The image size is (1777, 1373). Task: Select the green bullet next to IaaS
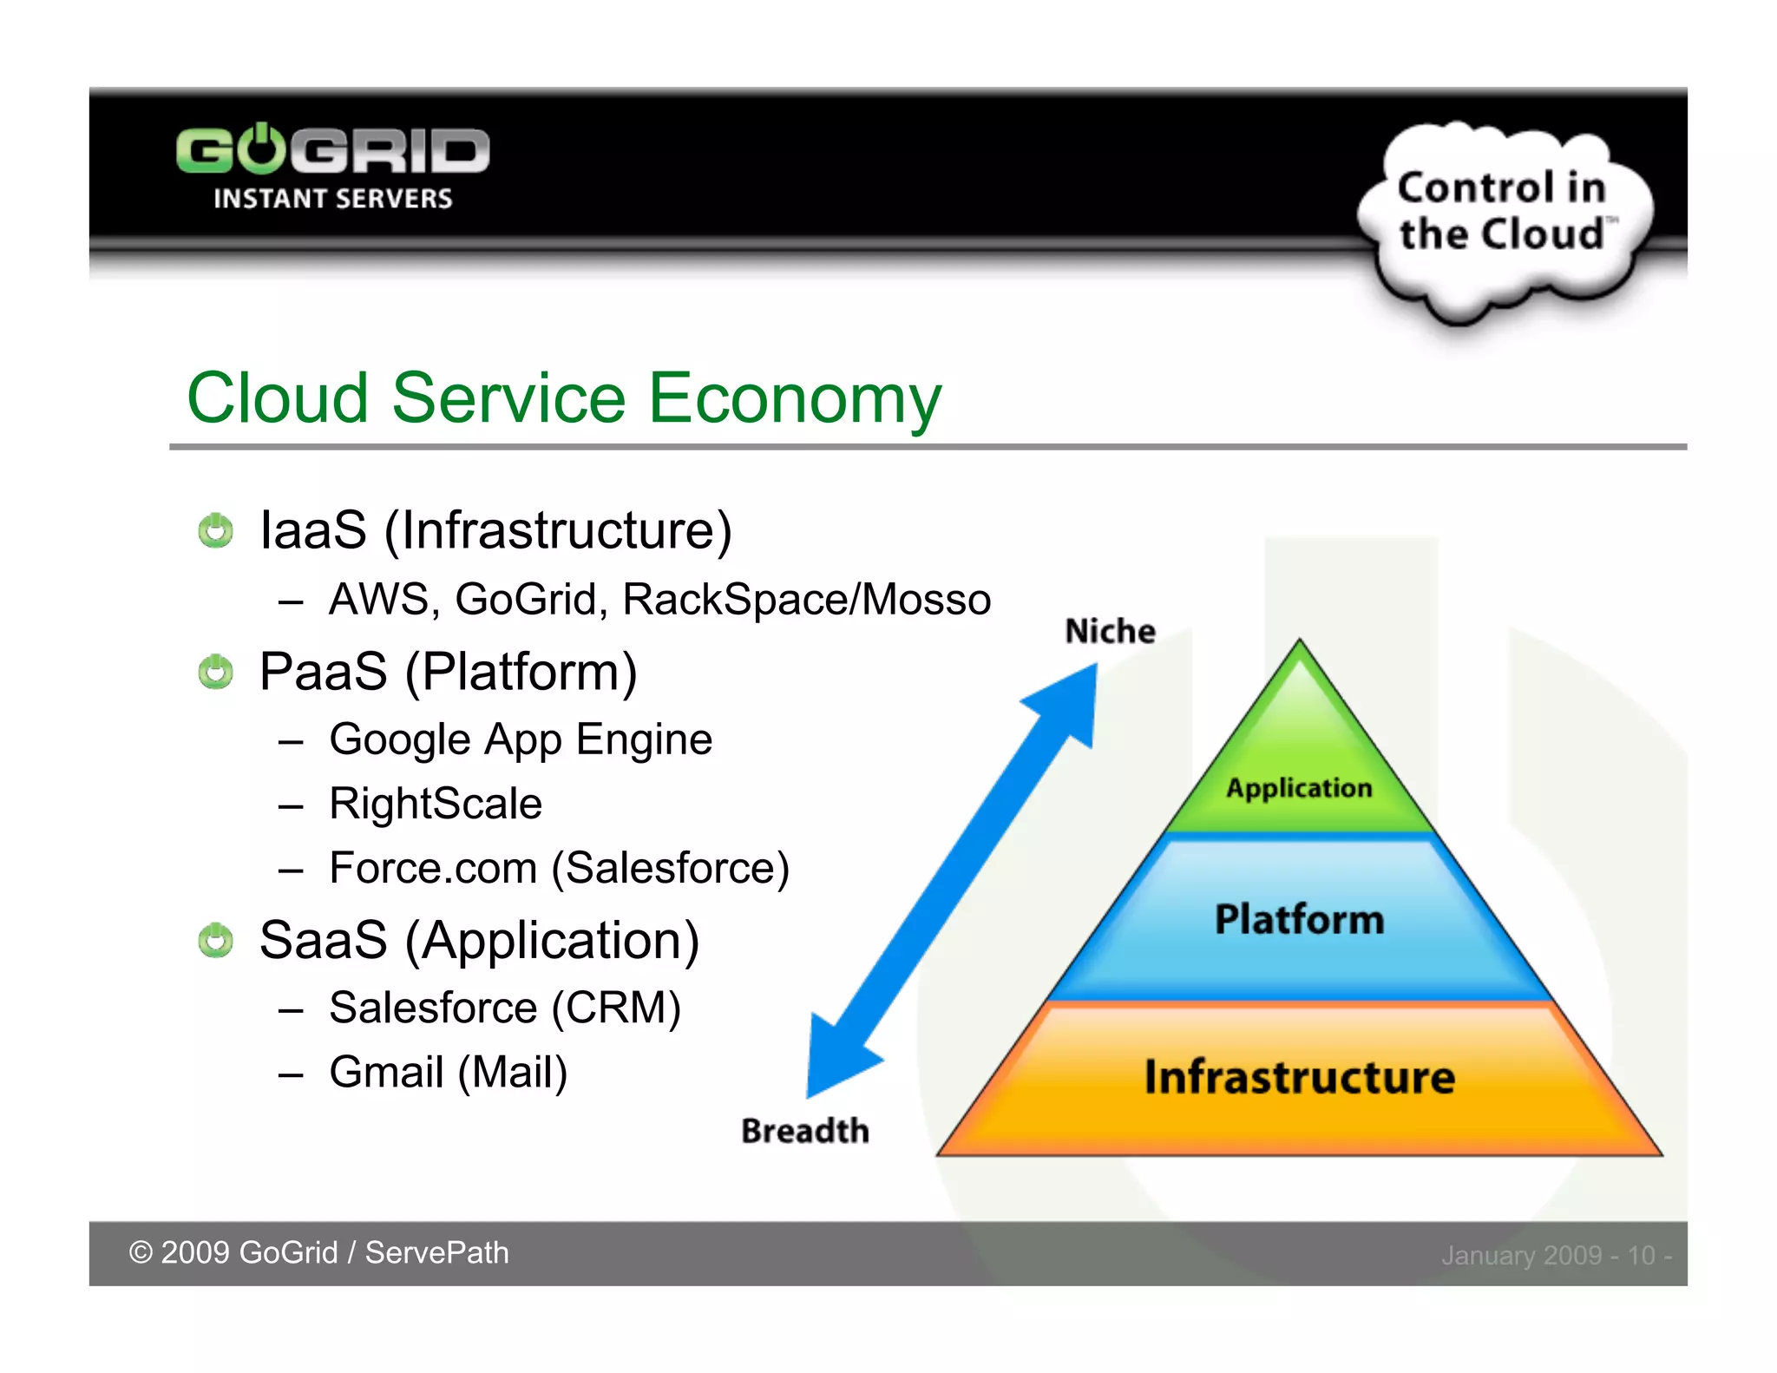215,530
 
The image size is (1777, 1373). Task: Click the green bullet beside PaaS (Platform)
215,672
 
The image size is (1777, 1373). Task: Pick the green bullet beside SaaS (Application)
215,940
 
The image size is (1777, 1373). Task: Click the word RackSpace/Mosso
806,600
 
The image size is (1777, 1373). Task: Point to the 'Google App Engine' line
520,740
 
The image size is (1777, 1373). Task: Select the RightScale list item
436,804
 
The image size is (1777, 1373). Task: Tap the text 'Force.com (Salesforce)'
559,868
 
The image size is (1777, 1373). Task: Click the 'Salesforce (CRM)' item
505,1008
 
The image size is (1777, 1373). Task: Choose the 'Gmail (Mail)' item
448,1072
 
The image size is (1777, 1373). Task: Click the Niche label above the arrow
1110,631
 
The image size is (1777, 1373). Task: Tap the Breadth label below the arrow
804,1131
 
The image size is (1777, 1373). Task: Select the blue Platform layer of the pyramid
1299,920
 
